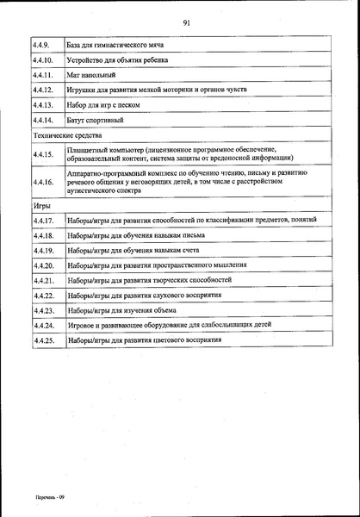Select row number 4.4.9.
point(41,43)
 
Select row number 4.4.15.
point(43,153)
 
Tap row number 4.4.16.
point(43,183)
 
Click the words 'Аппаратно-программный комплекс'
point(118,172)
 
